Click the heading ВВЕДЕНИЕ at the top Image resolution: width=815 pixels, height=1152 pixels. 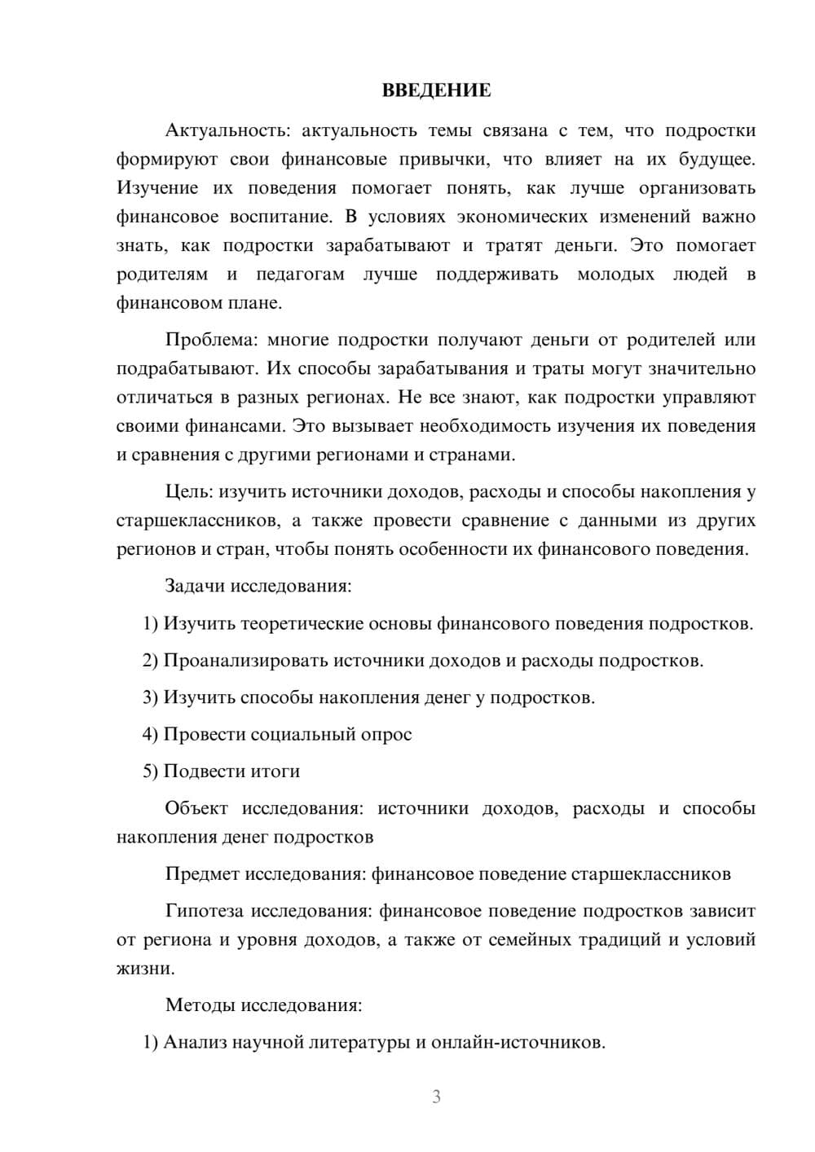coord(436,90)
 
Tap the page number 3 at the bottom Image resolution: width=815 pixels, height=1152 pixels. coord(436,1097)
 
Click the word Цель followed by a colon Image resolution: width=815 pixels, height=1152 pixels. coord(188,491)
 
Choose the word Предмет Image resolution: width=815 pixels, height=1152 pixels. coord(201,874)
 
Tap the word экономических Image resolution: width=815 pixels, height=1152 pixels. coord(518,217)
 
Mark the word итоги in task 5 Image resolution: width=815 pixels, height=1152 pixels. coord(275,771)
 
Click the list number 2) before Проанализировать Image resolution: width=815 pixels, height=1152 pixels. coord(150,661)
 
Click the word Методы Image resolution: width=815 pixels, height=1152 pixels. coord(200,1005)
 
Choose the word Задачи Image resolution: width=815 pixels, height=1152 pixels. coord(196,586)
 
